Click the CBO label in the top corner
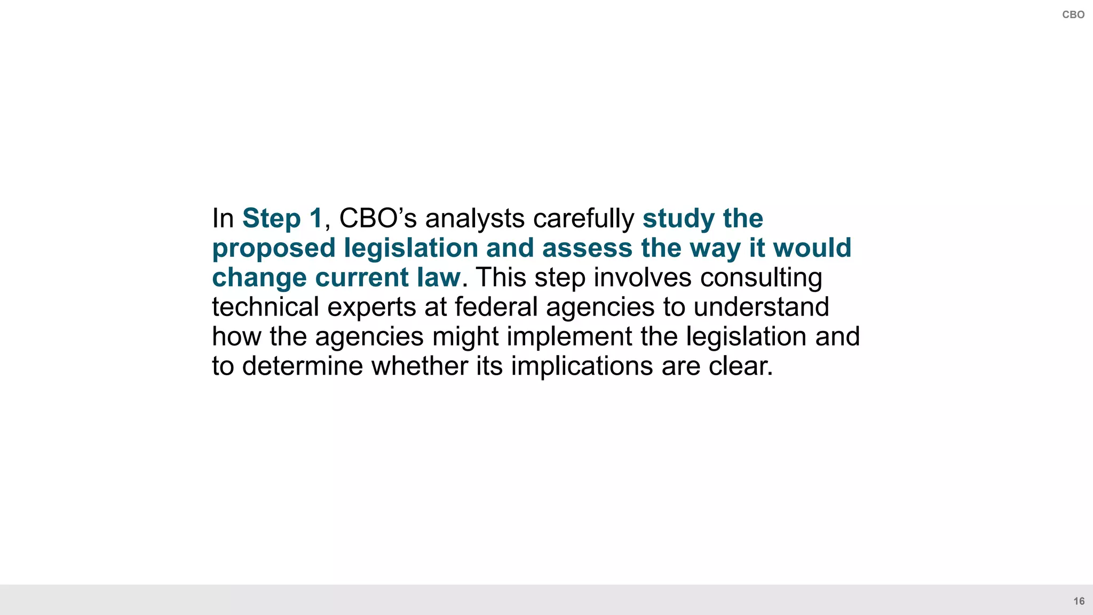click(1073, 15)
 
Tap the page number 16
click(1079, 601)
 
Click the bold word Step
click(271, 218)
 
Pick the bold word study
click(679, 218)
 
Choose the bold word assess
click(587, 248)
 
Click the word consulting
click(761, 278)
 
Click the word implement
click(569, 336)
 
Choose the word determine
click(303, 366)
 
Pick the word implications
click(582, 366)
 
